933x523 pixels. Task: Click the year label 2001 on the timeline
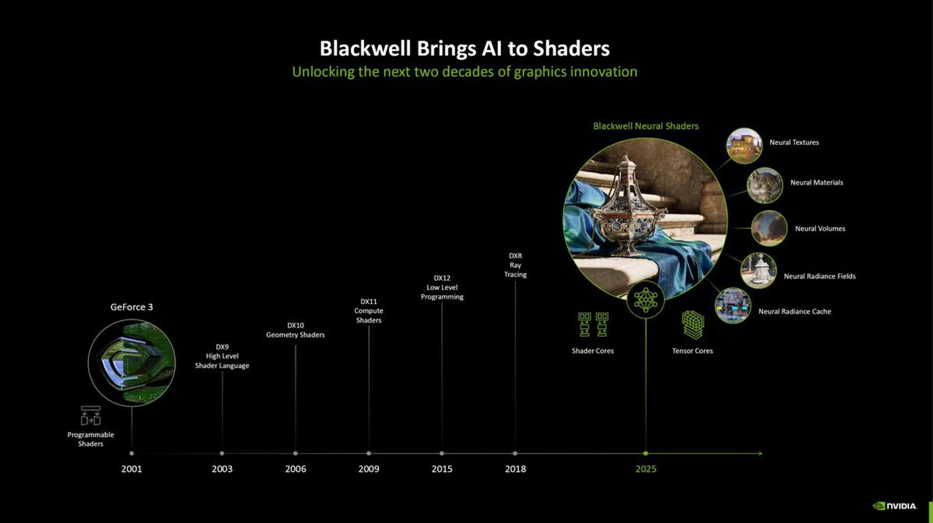(131, 469)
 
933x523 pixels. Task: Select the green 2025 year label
(645, 469)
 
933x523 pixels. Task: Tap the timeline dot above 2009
(368, 453)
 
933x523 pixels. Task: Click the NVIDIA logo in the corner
(895, 506)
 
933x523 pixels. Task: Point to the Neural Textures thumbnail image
(744, 145)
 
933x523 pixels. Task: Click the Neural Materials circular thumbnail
(764, 185)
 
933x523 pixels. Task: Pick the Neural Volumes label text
(820, 228)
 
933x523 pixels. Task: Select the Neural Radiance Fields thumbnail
(758, 270)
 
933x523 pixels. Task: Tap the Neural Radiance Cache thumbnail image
(732, 305)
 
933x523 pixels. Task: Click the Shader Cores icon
(593, 324)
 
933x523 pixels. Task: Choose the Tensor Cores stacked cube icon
(692, 324)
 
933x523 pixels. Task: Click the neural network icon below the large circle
(645, 300)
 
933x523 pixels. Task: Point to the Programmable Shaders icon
(90, 416)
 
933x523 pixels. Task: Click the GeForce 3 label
(131, 307)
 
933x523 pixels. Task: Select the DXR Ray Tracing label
(515, 265)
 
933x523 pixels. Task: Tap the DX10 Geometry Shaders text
(295, 330)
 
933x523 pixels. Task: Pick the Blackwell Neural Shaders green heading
(645, 126)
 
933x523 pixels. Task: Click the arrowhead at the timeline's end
(760, 453)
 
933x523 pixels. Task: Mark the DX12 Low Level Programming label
(442, 287)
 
